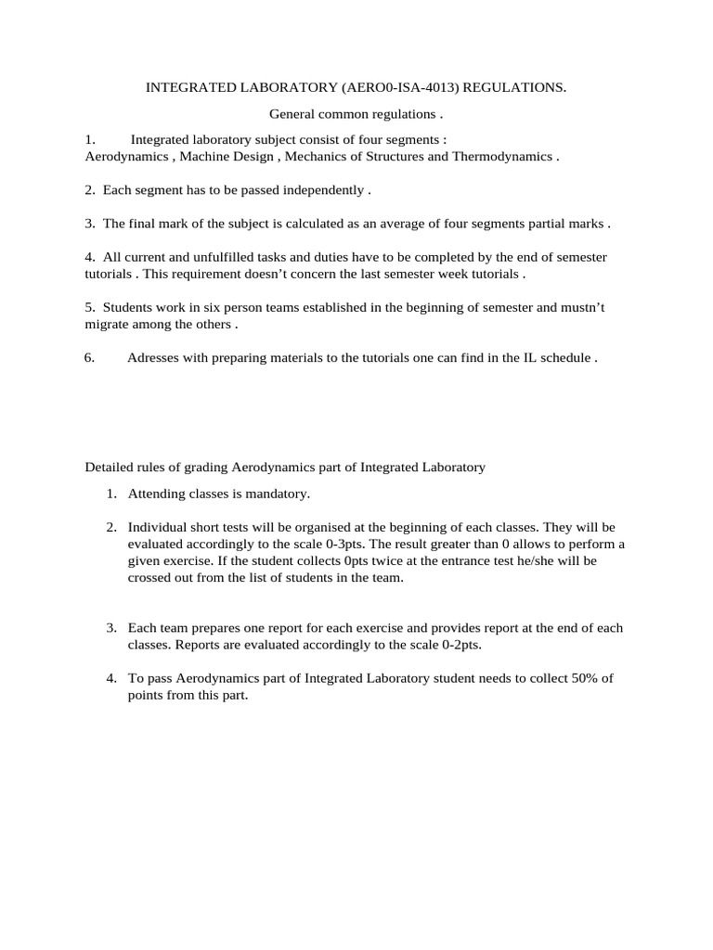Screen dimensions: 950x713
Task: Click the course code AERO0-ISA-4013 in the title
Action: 399,88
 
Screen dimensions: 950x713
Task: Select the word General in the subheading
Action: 292,114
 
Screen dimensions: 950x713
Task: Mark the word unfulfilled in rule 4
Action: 210,257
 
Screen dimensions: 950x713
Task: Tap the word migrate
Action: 108,325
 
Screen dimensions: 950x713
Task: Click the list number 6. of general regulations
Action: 90,359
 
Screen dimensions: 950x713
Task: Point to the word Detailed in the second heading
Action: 110,468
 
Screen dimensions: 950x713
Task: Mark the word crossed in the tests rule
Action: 150,577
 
